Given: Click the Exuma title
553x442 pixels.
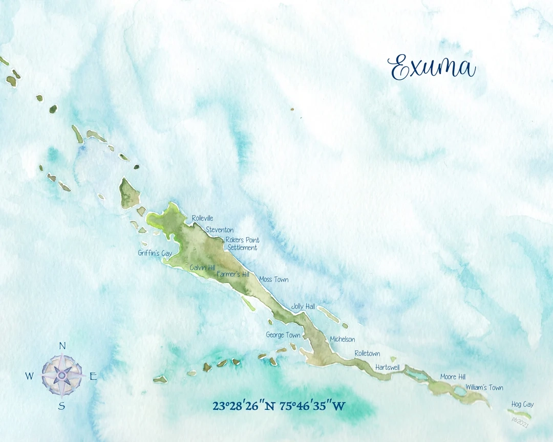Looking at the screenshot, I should tap(432, 68).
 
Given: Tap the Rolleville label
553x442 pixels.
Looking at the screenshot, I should tap(202, 218).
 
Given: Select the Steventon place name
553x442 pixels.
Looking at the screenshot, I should tap(220, 230).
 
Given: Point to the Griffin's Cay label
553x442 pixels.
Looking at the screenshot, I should tap(155, 253).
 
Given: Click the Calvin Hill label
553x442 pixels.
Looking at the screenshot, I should tap(203, 268).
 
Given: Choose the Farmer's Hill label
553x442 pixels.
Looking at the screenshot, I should tap(233, 275).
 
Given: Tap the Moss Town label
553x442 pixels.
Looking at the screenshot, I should tap(273, 280).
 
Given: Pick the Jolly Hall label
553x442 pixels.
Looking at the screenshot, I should tap(303, 306).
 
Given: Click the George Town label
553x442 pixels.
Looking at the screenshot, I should tap(283, 335).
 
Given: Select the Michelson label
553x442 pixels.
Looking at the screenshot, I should tap(342, 339).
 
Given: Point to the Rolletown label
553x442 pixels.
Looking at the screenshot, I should tap(367, 353).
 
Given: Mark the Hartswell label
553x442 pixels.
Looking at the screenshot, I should tap(387, 367).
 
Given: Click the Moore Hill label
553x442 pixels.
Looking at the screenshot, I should tap(453, 377).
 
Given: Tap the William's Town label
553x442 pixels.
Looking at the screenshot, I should tap(484, 388).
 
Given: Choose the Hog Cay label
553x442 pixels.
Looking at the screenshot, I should tap(522, 405).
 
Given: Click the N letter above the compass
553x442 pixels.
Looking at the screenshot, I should tap(62, 346).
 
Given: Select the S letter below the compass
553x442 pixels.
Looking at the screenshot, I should tap(61, 406).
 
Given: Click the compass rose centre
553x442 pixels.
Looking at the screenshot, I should tap(62, 376).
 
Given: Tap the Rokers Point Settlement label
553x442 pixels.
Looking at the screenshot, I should tap(242, 244).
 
